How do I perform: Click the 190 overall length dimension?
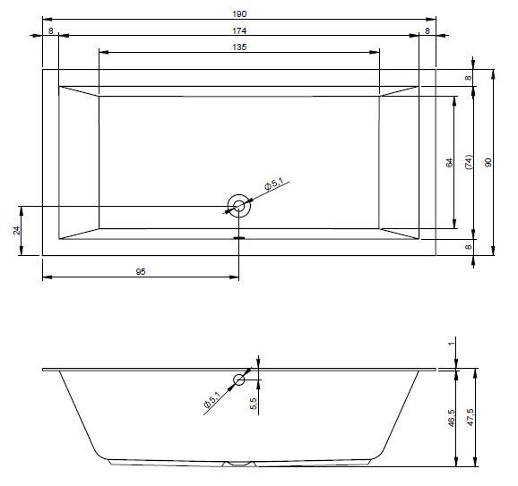pyautogui.click(x=239, y=13)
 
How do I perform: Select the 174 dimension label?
pyautogui.click(x=239, y=30)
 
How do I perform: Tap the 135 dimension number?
pyautogui.click(x=239, y=47)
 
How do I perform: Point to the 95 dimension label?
pyautogui.click(x=141, y=271)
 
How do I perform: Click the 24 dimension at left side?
pyautogui.click(x=16, y=230)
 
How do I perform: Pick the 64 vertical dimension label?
pyautogui.click(x=449, y=163)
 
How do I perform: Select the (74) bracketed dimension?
pyautogui.click(x=469, y=162)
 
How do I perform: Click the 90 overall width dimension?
pyautogui.click(x=488, y=162)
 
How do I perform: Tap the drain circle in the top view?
pyautogui.click(x=239, y=195)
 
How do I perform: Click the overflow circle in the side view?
pyautogui.click(x=239, y=375)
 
